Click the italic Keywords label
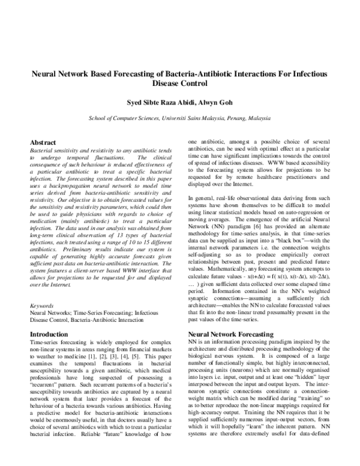[42, 305]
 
